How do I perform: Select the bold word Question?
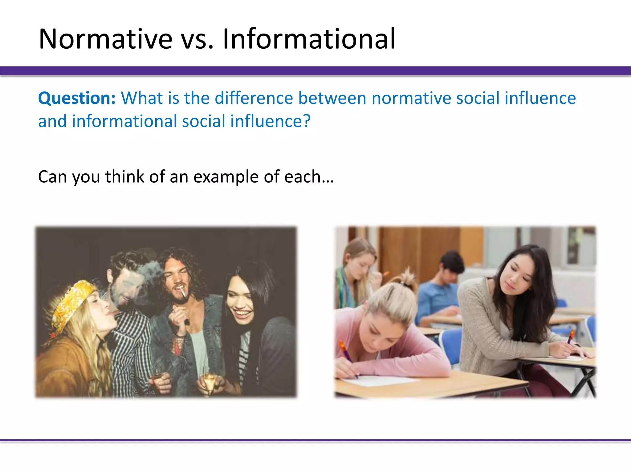pos(77,98)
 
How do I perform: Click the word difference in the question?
pos(254,98)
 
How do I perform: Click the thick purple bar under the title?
pos(315,71)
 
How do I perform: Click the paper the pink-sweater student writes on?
pos(379,380)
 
